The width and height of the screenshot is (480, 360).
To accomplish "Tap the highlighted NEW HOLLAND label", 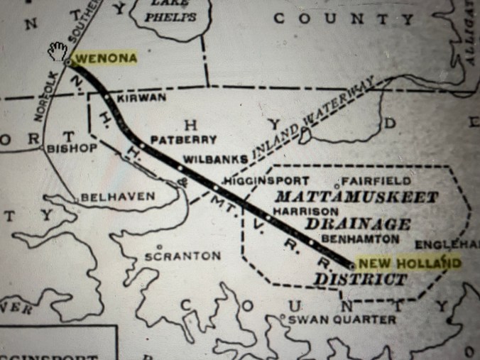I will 408,263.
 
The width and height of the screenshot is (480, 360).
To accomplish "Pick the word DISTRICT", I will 361,279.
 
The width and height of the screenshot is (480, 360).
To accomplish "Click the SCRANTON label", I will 182,255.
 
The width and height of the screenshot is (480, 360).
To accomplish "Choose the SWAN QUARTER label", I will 342,320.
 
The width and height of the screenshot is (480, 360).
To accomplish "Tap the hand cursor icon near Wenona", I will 58,50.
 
